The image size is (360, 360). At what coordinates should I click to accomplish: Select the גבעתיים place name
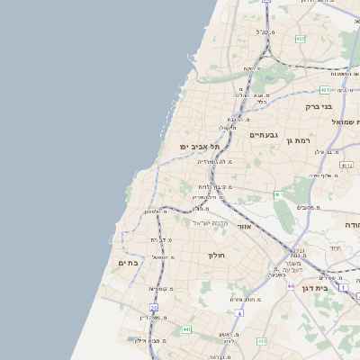click(x=263, y=134)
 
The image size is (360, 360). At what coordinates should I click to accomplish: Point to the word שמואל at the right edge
click(x=346, y=121)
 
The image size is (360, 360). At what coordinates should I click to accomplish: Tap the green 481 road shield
click(x=324, y=90)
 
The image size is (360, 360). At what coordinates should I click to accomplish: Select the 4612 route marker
click(x=346, y=165)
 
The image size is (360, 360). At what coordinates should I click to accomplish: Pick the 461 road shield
click(x=279, y=194)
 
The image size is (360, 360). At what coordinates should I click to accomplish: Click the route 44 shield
click(x=291, y=285)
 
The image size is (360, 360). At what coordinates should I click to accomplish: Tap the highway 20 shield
click(x=154, y=308)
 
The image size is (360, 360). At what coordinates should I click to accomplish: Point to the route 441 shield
click(x=186, y=330)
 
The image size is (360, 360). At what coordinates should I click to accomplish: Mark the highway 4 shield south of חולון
click(x=240, y=312)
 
